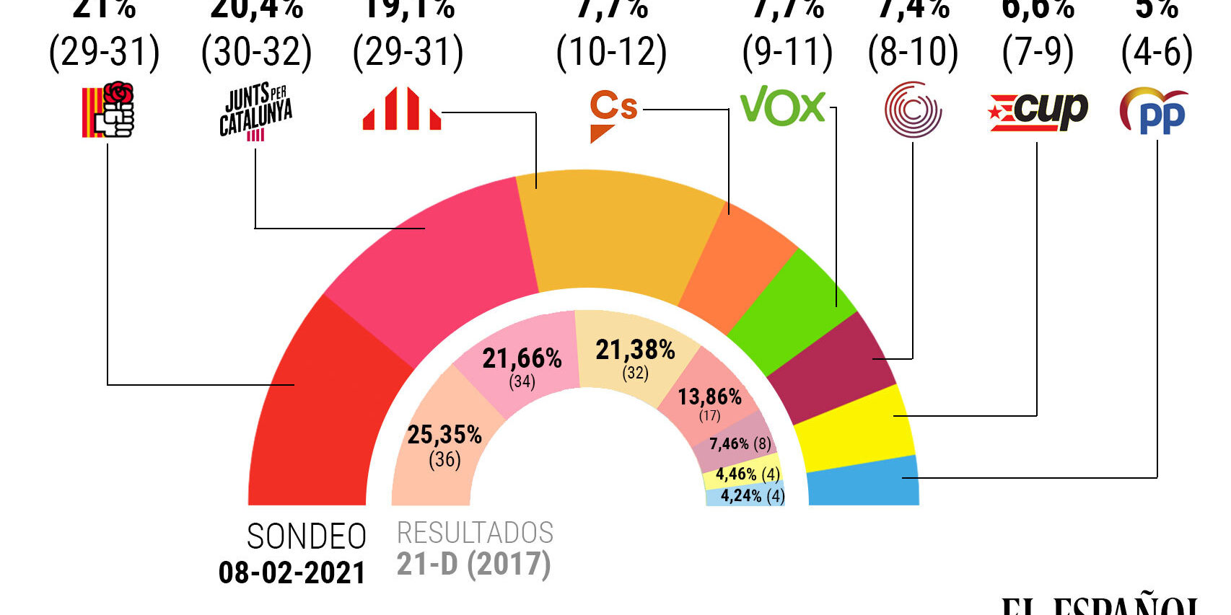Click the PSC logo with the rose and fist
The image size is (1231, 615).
pos(108,110)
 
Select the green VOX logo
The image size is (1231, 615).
pos(783,106)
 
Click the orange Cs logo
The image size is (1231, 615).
pos(613,114)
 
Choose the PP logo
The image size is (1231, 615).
pos(1155,112)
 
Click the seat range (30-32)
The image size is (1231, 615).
pos(256,52)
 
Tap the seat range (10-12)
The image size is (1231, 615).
pos(611,52)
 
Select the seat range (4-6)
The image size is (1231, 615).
pos(1156,52)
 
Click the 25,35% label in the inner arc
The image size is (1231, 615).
pos(444,435)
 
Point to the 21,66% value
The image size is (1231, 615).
pos(522,358)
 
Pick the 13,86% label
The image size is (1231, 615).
pos(709,397)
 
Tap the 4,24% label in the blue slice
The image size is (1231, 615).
pos(741,496)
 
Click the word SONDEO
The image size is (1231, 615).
pos(307,537)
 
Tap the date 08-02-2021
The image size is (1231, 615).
pos(292,573)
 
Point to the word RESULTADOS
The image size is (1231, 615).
pos(475,534)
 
